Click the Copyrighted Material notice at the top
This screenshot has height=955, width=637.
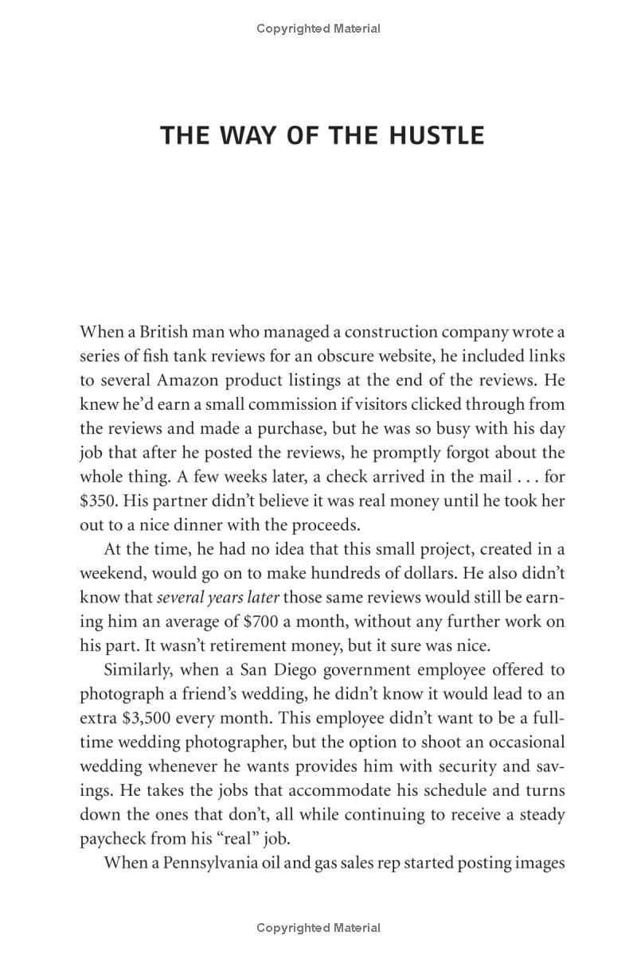tap(318, 29)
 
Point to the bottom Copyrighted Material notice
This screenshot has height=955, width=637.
tap(318, 928)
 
